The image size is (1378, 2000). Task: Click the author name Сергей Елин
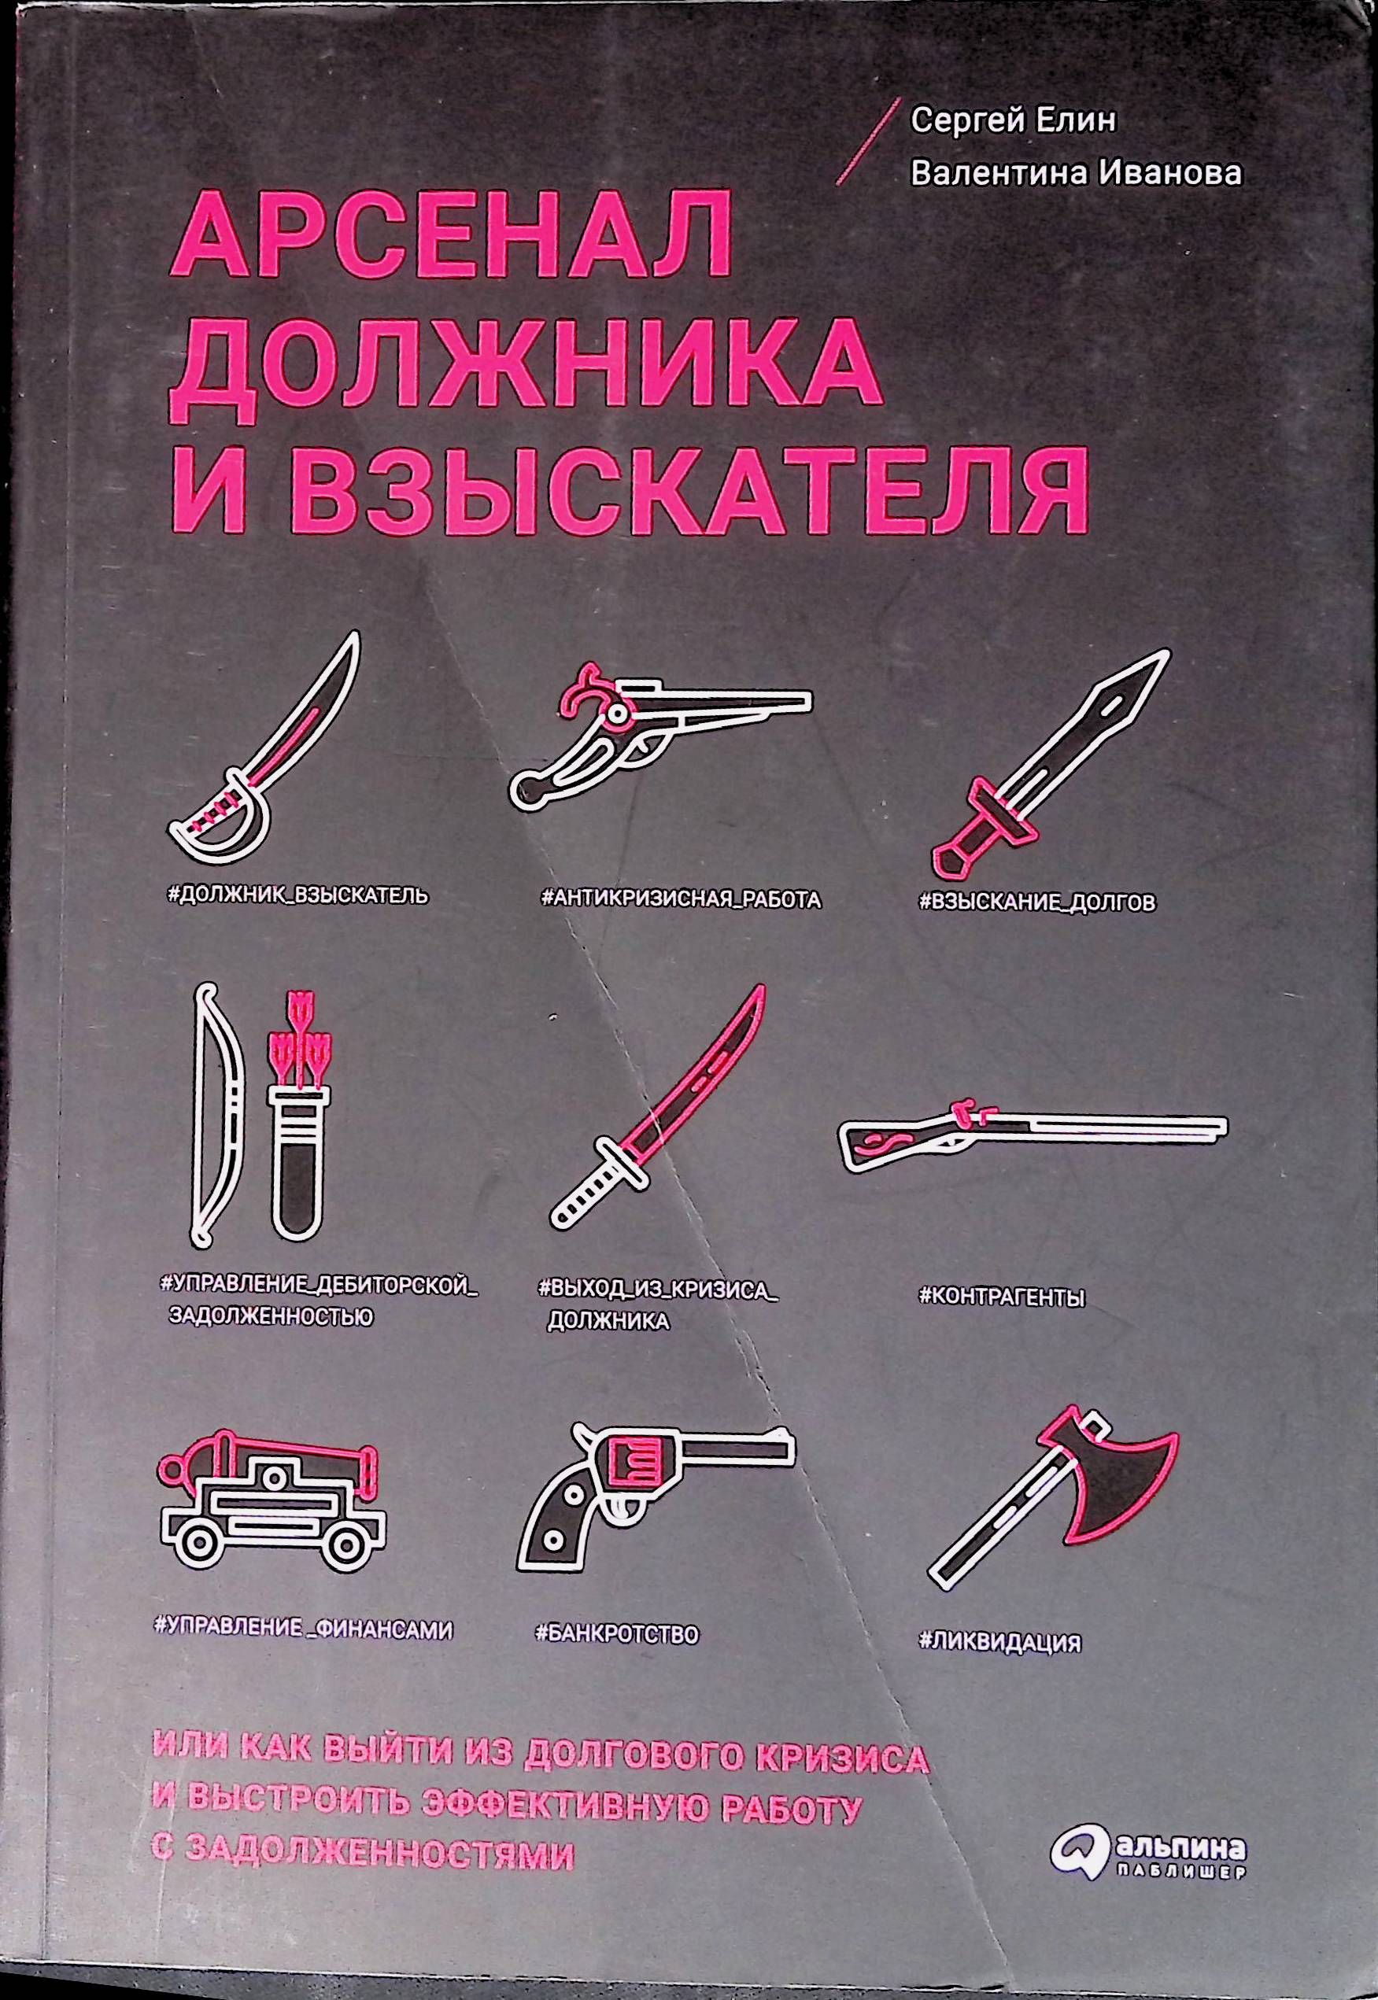[x=1014, y=119]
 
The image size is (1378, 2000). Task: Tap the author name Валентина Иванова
[x=1077, y=172]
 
